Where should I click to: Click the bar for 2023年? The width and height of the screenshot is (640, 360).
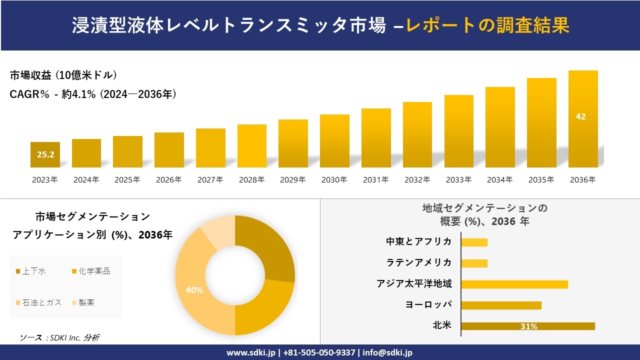pyautogui.click(x=45, y=154)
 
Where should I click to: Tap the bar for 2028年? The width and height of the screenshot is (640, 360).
pyautogui.click(x=251, y=146)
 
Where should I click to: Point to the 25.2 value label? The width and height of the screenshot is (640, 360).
pyautogui.click(x=45, y=154)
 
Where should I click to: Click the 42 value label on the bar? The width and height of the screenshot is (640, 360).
pyautogui.click(x=580, y=116)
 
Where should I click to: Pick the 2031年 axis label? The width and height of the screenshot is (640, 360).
pyautogui.click(x=375, y=180)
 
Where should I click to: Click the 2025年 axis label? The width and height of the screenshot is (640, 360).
pyautogui.click(x=127, y=180)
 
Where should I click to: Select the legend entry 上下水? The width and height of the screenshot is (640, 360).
pyautogui.click(x=34, y=271)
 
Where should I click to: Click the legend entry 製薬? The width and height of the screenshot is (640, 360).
pyautogui.click(x=86, y=302)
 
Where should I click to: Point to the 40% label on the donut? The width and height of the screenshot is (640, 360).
pyautogui.click(x=194, y=290)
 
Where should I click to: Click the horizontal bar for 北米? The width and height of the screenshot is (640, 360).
pyautogui.click(x=527, y=326)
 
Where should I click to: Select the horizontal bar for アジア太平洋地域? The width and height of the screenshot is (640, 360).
pyautogui.click(x=514, y=284)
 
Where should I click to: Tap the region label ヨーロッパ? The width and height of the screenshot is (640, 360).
pyautogui.click(x=428, y=304)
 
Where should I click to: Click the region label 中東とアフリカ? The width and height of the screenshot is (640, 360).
pyautogui.click(x=418, y=241)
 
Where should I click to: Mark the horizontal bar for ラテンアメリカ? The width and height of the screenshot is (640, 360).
pyautogui.click(x=474, y=263)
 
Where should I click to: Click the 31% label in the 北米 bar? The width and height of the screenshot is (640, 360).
pyautogui.click(x=528, y=326)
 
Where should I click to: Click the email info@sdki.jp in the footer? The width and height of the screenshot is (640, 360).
pyautogui.click(x=387, y=352)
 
